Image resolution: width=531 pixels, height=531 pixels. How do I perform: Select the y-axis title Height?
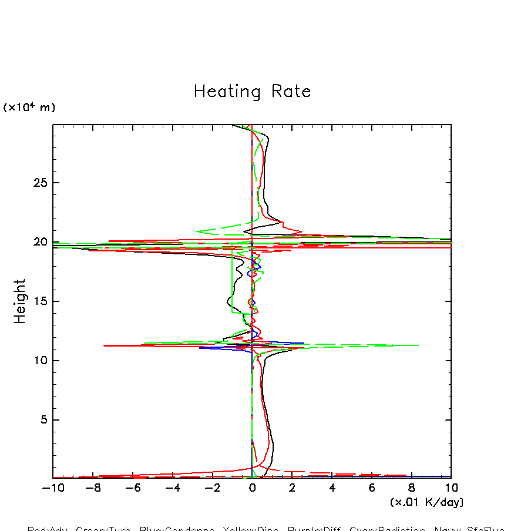click(20, 301)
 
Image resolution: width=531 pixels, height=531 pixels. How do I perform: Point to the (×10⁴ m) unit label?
click(29, 107)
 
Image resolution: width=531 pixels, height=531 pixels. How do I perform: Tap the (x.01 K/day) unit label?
click(426, 502)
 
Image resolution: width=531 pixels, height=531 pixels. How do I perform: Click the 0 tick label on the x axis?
click(252, 488)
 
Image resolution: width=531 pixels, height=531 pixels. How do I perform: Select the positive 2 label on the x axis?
click(292, 488)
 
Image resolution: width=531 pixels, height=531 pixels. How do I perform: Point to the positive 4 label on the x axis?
click(332, 488)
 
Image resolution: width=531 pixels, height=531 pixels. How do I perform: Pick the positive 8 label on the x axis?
click(412, 488)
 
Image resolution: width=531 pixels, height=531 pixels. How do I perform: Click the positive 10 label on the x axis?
click(451, 488)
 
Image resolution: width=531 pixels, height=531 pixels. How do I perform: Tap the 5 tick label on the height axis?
click(42, 420)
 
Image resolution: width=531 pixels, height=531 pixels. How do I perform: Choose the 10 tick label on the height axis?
click(39, 361)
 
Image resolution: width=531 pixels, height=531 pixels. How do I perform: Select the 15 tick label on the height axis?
click(39, 301)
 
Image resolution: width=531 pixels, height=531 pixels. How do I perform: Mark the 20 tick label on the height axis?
click(39, 242)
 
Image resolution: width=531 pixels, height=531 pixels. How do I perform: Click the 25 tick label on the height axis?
click(39, 183)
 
